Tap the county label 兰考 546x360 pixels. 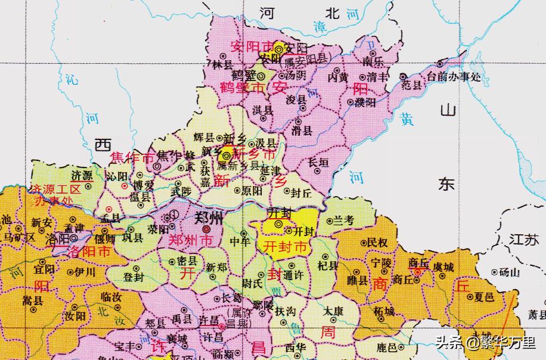pos(344,221)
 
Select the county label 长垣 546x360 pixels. pos(318,162)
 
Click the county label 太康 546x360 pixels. pos(333,311)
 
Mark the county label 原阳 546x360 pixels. pos(251,191)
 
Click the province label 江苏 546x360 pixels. pos(524,240)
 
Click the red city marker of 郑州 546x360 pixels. pos(206,229)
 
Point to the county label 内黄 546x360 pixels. pos(338,77)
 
